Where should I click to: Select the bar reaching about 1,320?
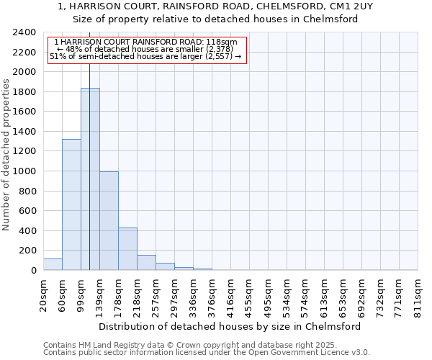pyautogui.click(x=71, y=204)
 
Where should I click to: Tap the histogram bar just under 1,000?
pyautogui.click(x=109, y=220)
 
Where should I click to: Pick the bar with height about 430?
pyautogui.click(x=127, y=248)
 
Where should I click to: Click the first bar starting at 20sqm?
pyautogui.click(x=53, y=264)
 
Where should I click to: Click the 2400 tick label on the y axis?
pyautogui.click(x=24, y=33)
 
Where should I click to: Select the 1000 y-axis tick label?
pyautogui.click(x=24, y=171)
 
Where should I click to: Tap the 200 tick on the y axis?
pyautogui.click(x=27, y=251)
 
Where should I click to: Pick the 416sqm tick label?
pyautogui.click(x=230, y=294)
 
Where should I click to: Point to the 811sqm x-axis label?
pyautogui.click(x=418, y=294)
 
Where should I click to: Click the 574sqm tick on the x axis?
pyautogui.click(x=305, y=294)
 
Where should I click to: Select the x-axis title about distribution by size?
pyautogui.click(x=230, y=326)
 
